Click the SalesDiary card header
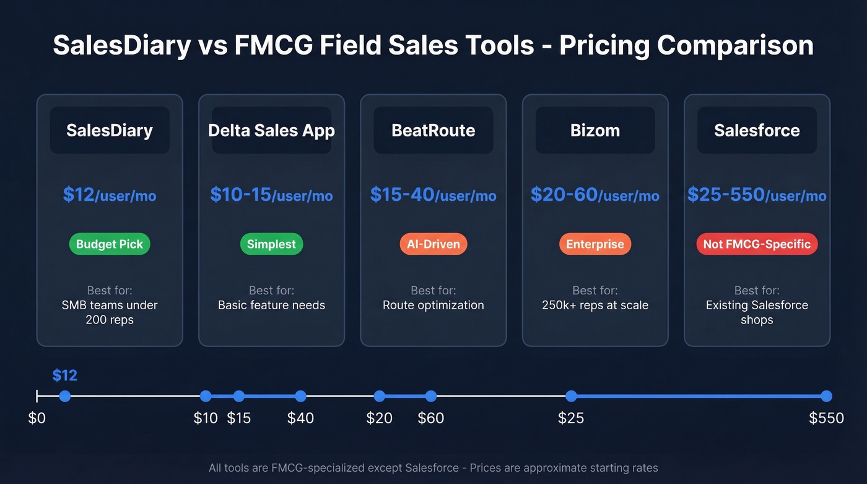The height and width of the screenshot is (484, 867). click(110, 131)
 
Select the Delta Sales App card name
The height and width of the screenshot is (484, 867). click(271, 131)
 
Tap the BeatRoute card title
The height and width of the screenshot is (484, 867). click(434, 131)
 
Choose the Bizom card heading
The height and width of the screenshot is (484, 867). click(595, 131)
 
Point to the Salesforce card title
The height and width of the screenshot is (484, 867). click(757, 131)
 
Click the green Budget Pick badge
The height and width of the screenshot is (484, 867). click(110, 244)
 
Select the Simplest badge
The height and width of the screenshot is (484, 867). click(271, 244)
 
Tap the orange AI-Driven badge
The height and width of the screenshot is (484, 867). click(434, 244)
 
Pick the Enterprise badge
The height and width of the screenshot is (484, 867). click(595, 244)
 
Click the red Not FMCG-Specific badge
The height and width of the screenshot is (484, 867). click(757, 244)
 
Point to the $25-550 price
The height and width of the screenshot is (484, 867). click(757, 195)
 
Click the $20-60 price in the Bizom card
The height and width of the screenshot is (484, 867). click(595, 195)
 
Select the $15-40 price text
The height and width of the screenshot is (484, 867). click(434, 195)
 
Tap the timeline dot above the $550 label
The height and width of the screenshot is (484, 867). click(826, 396)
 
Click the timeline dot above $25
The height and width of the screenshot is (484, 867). click(571, 396)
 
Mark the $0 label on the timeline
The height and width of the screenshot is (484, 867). click(37, 418)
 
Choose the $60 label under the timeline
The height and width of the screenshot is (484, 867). click(431, 418)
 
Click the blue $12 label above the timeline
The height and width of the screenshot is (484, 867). click(64, 376)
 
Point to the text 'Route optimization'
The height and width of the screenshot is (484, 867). click(434, 305)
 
